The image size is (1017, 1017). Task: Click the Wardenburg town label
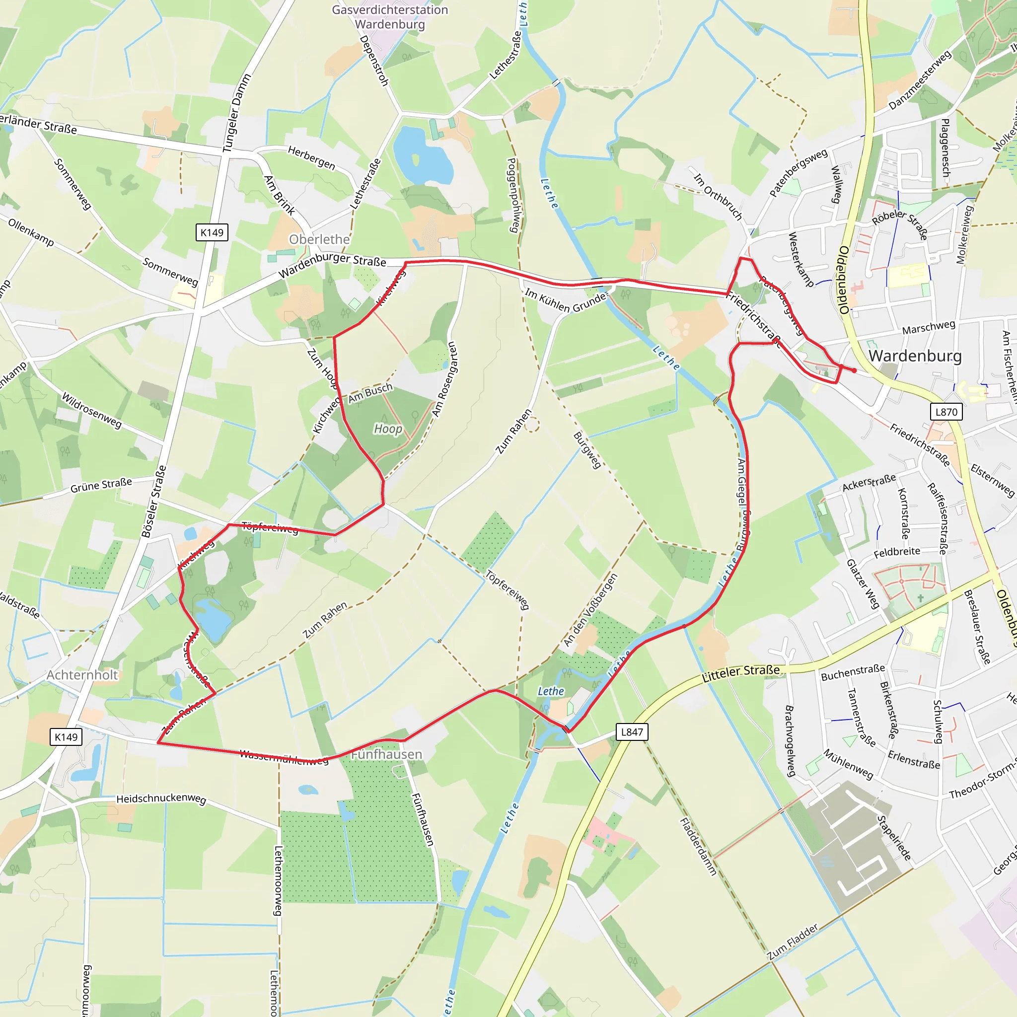pyautogui.click(x=915, y=356)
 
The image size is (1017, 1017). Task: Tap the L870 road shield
pyautogui.click(x=946, y=412)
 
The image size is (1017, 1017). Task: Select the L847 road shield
pyautogui.click(x=632, y=731)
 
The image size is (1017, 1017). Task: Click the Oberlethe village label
pyautogui.click(x=319, y=239)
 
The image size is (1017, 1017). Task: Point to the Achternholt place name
pyautogui.click(x=82, y=675)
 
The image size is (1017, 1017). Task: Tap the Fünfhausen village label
pyautogui.click(x=386, y=754)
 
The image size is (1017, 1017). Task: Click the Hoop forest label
pyautogui.click(x=388, y=429)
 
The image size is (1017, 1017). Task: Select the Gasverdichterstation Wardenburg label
pyautogui.click(x=389, y=17)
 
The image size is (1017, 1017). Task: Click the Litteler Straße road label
pyautogui.click(x=741, y=673)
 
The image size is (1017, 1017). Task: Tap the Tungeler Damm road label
pyautogui.click(x=236, y=113)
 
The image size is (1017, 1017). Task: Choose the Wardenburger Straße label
pyautogui.click(x=332, y=265)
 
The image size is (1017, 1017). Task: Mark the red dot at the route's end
pyautogui.click(x=854, y=370)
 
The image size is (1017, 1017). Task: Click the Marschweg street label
pyautogui.click(x=929, y=327)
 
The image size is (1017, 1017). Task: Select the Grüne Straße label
pyautogui.click(x=101, y=485)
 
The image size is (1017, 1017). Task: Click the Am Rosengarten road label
pyautogui.click(x=445, y=379)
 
